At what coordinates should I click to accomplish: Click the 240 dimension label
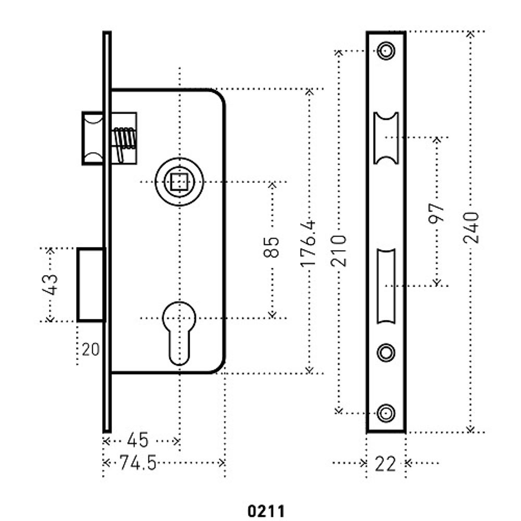(x=471, y=227)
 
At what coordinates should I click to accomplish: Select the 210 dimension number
(x=339, y=251)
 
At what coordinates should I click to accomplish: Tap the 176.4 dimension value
(x=308, y=243)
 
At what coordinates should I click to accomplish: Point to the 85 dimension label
(x=271, y=247)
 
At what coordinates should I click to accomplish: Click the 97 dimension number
(x=437, y=213)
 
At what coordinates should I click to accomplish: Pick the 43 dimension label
(x=51, y=284)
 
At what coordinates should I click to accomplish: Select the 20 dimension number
(x=90, y=349)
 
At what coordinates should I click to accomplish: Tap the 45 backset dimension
(x=138, y=440)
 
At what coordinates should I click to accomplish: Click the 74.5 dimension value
(x=138, y=463)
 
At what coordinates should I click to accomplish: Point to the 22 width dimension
(x=386, y=463)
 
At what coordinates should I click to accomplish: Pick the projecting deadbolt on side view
(x=92, y=284)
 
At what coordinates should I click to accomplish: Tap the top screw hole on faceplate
(x=386, y=51)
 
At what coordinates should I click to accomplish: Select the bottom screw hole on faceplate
(x=386, y=413)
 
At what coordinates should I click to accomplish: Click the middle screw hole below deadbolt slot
(x=386, y=352)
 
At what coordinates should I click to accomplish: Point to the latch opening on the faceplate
(x=386, y=138)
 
